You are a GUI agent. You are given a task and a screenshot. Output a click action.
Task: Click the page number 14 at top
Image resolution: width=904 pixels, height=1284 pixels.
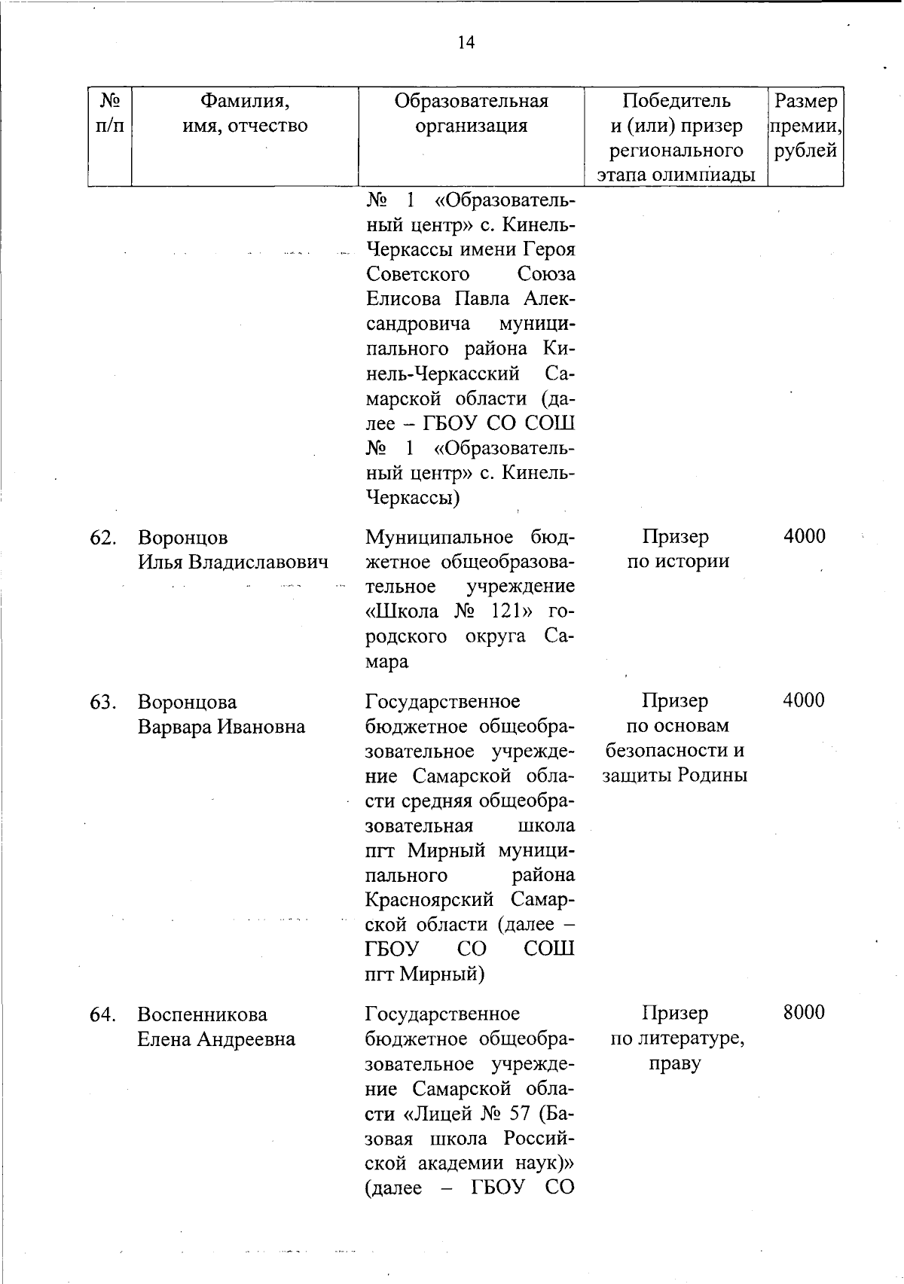[x=466, y=43]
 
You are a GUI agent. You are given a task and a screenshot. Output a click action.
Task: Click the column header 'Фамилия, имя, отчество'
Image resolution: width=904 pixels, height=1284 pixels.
[x=245, y=113]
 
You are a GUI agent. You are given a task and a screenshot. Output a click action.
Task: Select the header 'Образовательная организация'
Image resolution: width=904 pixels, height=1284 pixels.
[x=472, y=113]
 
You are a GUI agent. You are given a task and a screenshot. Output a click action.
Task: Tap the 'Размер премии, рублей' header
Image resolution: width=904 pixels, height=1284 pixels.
[x=805, y=126]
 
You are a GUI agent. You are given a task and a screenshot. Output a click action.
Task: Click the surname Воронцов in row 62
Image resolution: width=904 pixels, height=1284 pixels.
[x=183, y=538]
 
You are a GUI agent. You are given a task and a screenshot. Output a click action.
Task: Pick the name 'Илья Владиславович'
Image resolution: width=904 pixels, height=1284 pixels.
[x=233, y=563]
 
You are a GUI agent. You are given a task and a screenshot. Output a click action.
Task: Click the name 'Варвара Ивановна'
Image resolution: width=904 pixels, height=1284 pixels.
[x=221, y=727]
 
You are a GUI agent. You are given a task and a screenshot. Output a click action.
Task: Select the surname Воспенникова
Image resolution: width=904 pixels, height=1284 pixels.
[x=203, y=1014]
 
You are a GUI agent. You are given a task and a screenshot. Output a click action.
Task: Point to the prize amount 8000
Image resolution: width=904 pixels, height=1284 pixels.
[x=804, y=1013]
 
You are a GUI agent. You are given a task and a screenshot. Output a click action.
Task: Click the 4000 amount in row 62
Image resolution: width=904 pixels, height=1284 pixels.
[x=804, y=536]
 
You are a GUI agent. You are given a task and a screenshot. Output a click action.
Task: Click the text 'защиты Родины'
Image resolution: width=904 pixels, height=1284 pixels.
[x=675, y=775]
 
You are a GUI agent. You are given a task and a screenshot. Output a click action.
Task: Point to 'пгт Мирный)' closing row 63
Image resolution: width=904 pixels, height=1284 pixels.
[x=425, y=974]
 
